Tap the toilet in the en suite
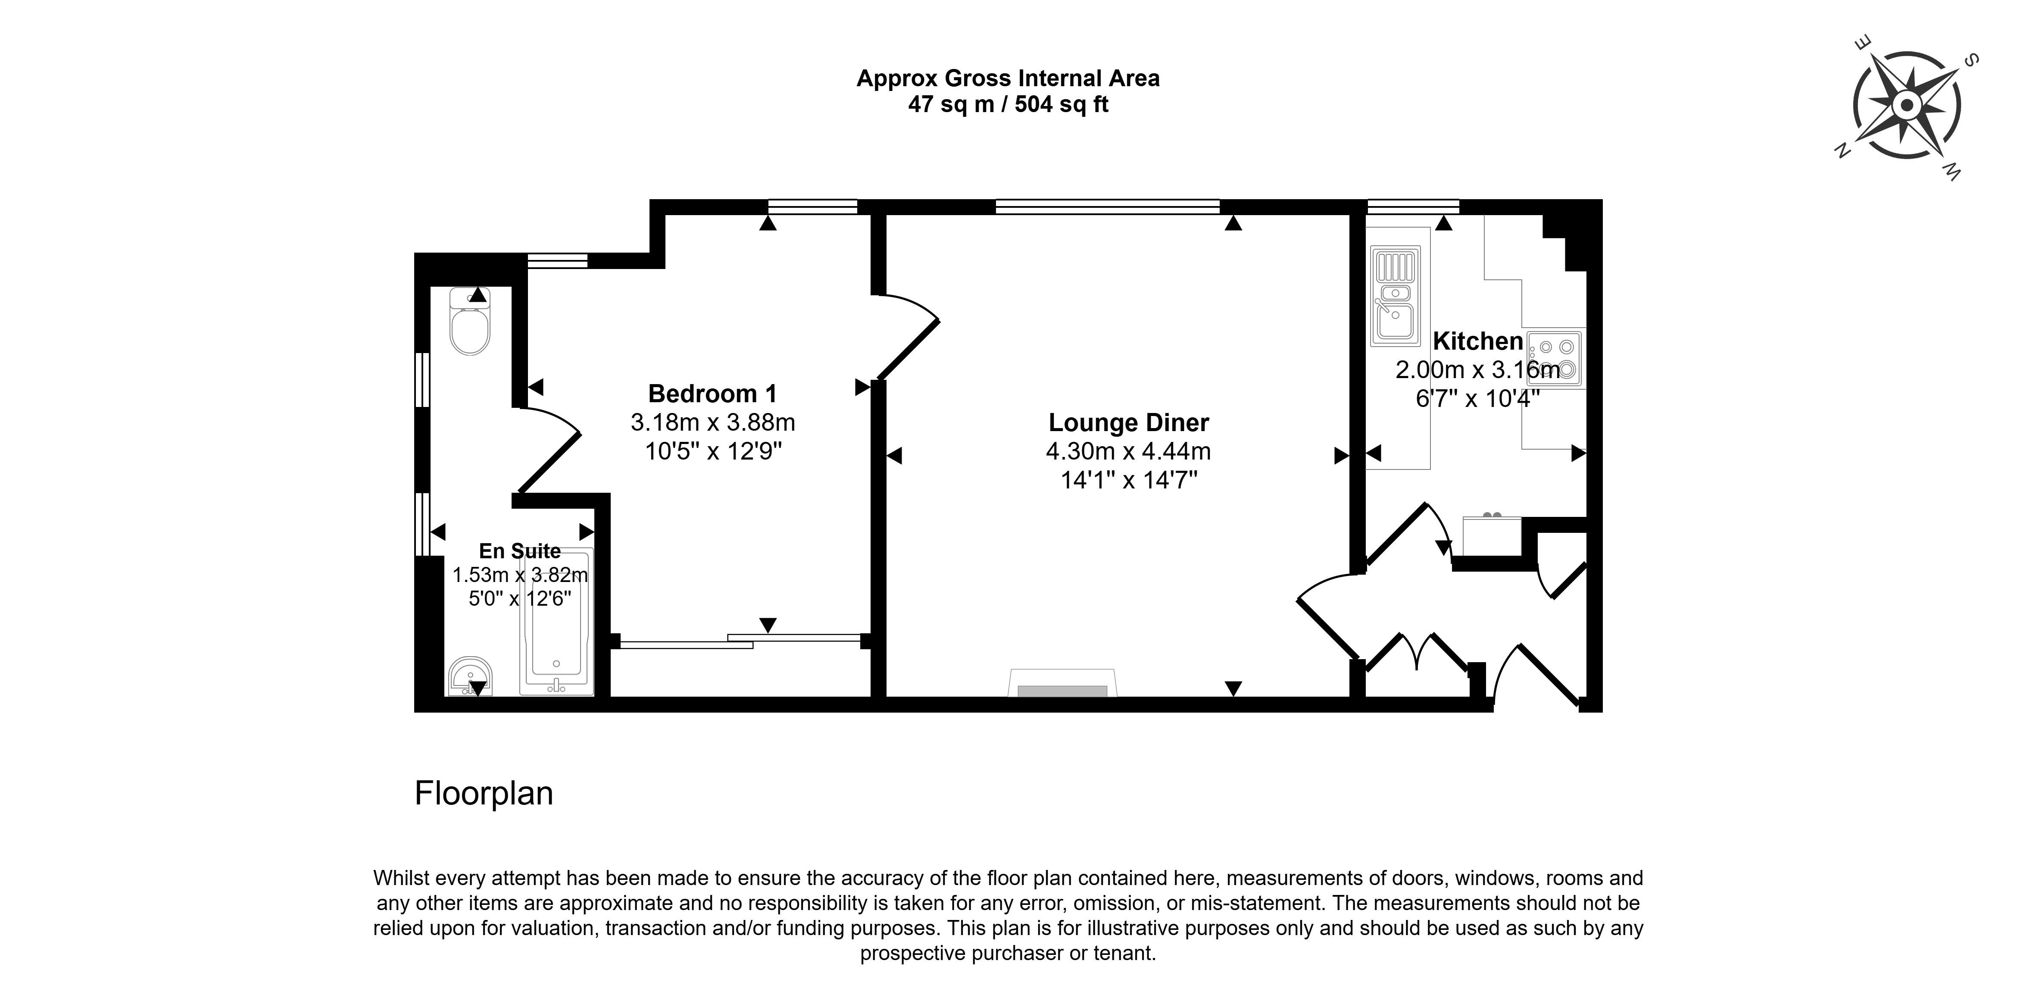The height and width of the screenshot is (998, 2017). click(470, 323)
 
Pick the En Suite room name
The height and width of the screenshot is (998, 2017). click(520, 551)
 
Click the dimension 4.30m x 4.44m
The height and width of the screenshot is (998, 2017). click(1128, 451)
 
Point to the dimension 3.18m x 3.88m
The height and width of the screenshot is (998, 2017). click(712, 422)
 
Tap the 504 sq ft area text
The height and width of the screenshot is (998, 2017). click(1061, 105)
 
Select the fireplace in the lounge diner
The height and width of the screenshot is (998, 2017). click(1062, 683)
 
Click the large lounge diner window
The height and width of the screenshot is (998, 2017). click(1107, 207)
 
